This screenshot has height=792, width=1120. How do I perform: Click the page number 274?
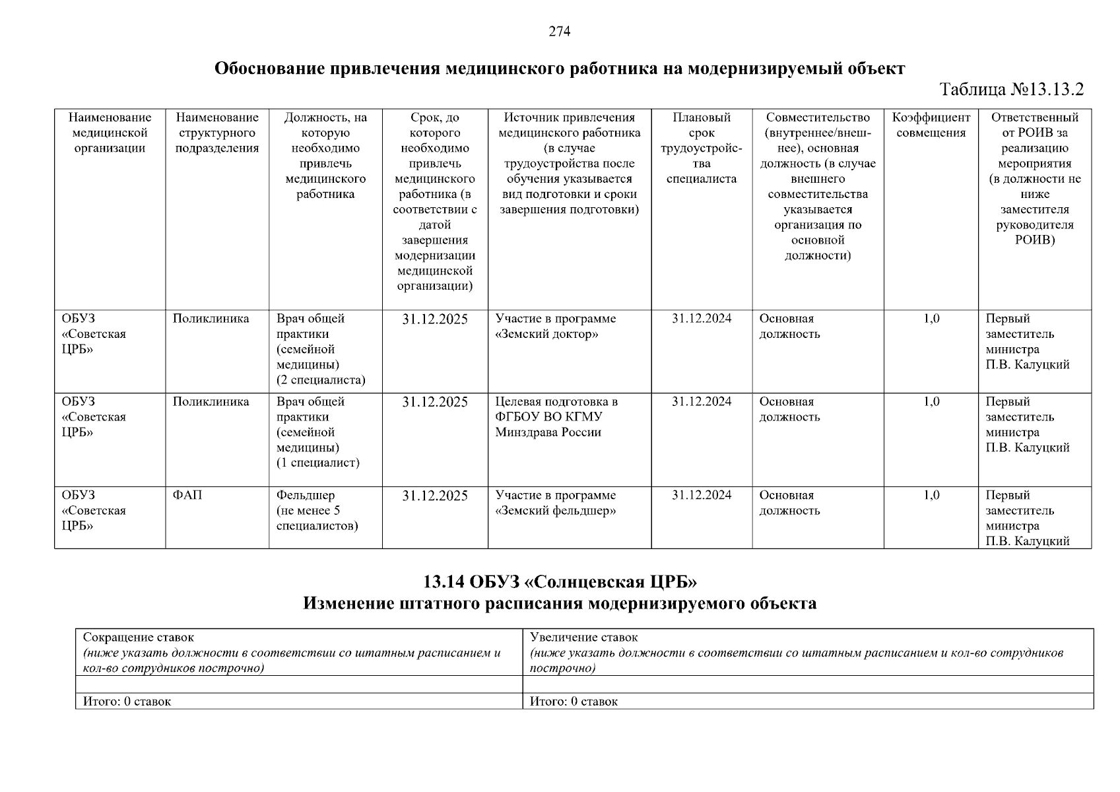point(559,31)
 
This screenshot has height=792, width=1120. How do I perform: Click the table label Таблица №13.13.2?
point(1012,90)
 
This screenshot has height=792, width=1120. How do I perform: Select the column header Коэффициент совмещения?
point(931,125)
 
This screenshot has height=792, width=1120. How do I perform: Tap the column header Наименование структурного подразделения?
point(216,133)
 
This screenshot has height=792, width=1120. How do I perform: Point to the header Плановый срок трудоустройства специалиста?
point(701,148)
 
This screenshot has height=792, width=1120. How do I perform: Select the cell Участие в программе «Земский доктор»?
point(556,326)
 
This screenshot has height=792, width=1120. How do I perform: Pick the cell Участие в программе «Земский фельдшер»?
point(556,503)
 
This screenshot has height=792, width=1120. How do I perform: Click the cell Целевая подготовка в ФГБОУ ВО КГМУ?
point(556,417)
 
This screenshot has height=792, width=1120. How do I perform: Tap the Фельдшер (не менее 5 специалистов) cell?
point(317,510)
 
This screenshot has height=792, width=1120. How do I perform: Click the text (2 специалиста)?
point(321,380)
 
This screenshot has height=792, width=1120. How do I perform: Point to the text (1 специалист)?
point(317,463)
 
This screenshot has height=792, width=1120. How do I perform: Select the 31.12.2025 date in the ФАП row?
point(434,496)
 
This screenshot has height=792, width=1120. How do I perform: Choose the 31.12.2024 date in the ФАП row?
point(702,495)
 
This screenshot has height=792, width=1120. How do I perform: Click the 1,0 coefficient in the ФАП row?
point(931,495)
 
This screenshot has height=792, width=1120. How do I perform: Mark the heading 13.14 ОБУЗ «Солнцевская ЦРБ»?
point(560,582)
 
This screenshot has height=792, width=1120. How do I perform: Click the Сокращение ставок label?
point(139,638)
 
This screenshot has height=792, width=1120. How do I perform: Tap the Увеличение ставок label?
point(584,638)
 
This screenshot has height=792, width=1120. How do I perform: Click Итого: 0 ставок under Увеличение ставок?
point(574,702)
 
